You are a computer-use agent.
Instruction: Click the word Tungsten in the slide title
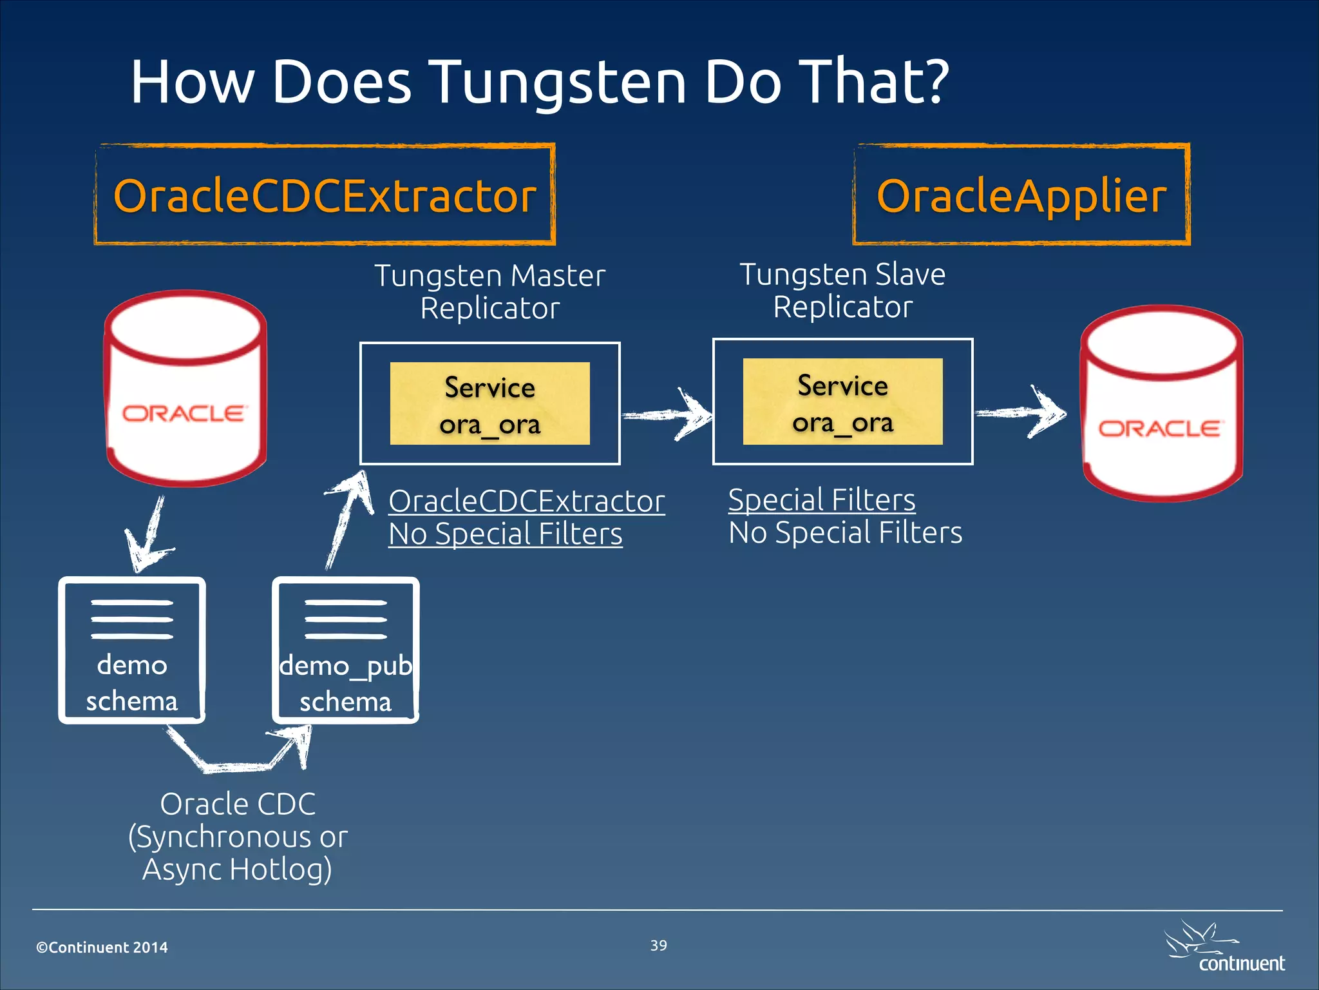point(560,82)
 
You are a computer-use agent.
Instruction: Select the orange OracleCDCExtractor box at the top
point(325,195)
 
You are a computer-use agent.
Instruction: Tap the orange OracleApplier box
point(1021,195)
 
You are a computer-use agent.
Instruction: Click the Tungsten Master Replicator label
point(490,291)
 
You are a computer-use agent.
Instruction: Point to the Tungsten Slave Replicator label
point(842,290)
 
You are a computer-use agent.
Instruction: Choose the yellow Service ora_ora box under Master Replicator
point(489,403)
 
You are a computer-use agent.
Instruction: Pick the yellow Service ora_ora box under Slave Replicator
point(842,402)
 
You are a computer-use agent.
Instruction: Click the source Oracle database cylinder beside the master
point(185,388)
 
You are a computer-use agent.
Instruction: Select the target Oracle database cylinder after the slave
point(1161,403)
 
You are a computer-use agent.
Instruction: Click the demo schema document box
point(132,650)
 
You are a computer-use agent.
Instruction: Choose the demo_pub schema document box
point(346,650)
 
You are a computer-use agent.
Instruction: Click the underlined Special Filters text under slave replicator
point(822,500)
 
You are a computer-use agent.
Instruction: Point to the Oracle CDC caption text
point(238,836)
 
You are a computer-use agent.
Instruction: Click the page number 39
point(658,946)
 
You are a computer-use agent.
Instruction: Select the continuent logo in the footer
point(1224,949)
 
